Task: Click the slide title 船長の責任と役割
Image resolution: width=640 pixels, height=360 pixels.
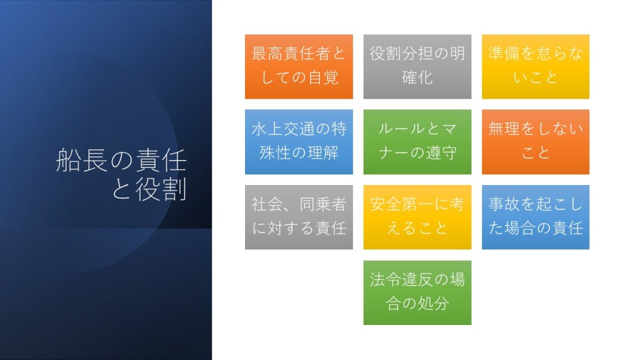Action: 121,174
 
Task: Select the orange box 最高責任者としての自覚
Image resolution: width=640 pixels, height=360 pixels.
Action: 299,66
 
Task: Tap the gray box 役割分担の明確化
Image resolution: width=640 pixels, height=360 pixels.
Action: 417,66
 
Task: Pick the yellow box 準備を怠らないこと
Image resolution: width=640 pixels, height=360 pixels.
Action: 536,66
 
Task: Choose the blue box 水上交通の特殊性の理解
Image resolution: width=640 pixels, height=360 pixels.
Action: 299,142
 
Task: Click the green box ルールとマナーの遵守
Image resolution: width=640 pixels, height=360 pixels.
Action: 417,142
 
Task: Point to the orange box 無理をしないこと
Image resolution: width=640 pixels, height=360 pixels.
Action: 536,142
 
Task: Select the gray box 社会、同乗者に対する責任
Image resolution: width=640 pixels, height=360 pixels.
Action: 299,217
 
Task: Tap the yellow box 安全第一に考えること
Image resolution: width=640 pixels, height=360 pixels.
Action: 417,217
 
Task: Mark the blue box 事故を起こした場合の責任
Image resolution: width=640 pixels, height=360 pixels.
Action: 536,217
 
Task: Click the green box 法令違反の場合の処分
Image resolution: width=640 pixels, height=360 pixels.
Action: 417,292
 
